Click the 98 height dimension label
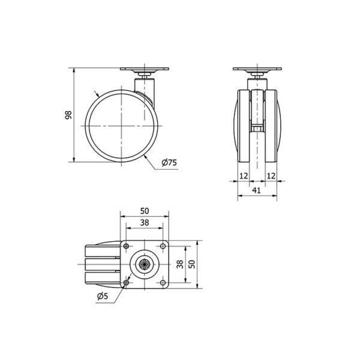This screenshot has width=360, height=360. [68, 115]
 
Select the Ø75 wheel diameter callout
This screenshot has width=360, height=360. [169, 163]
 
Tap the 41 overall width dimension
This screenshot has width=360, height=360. [256, 190]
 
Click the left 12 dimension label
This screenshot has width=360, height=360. [244, 176]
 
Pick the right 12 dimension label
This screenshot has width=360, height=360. [271, 176]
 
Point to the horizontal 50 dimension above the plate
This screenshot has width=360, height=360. [145, 211]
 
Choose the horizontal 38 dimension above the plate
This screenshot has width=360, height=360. [145, 223]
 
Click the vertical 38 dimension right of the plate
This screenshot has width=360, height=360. [180, 264]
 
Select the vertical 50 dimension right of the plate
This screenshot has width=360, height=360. [191, 264]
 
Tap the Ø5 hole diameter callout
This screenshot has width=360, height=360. [103, 296]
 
